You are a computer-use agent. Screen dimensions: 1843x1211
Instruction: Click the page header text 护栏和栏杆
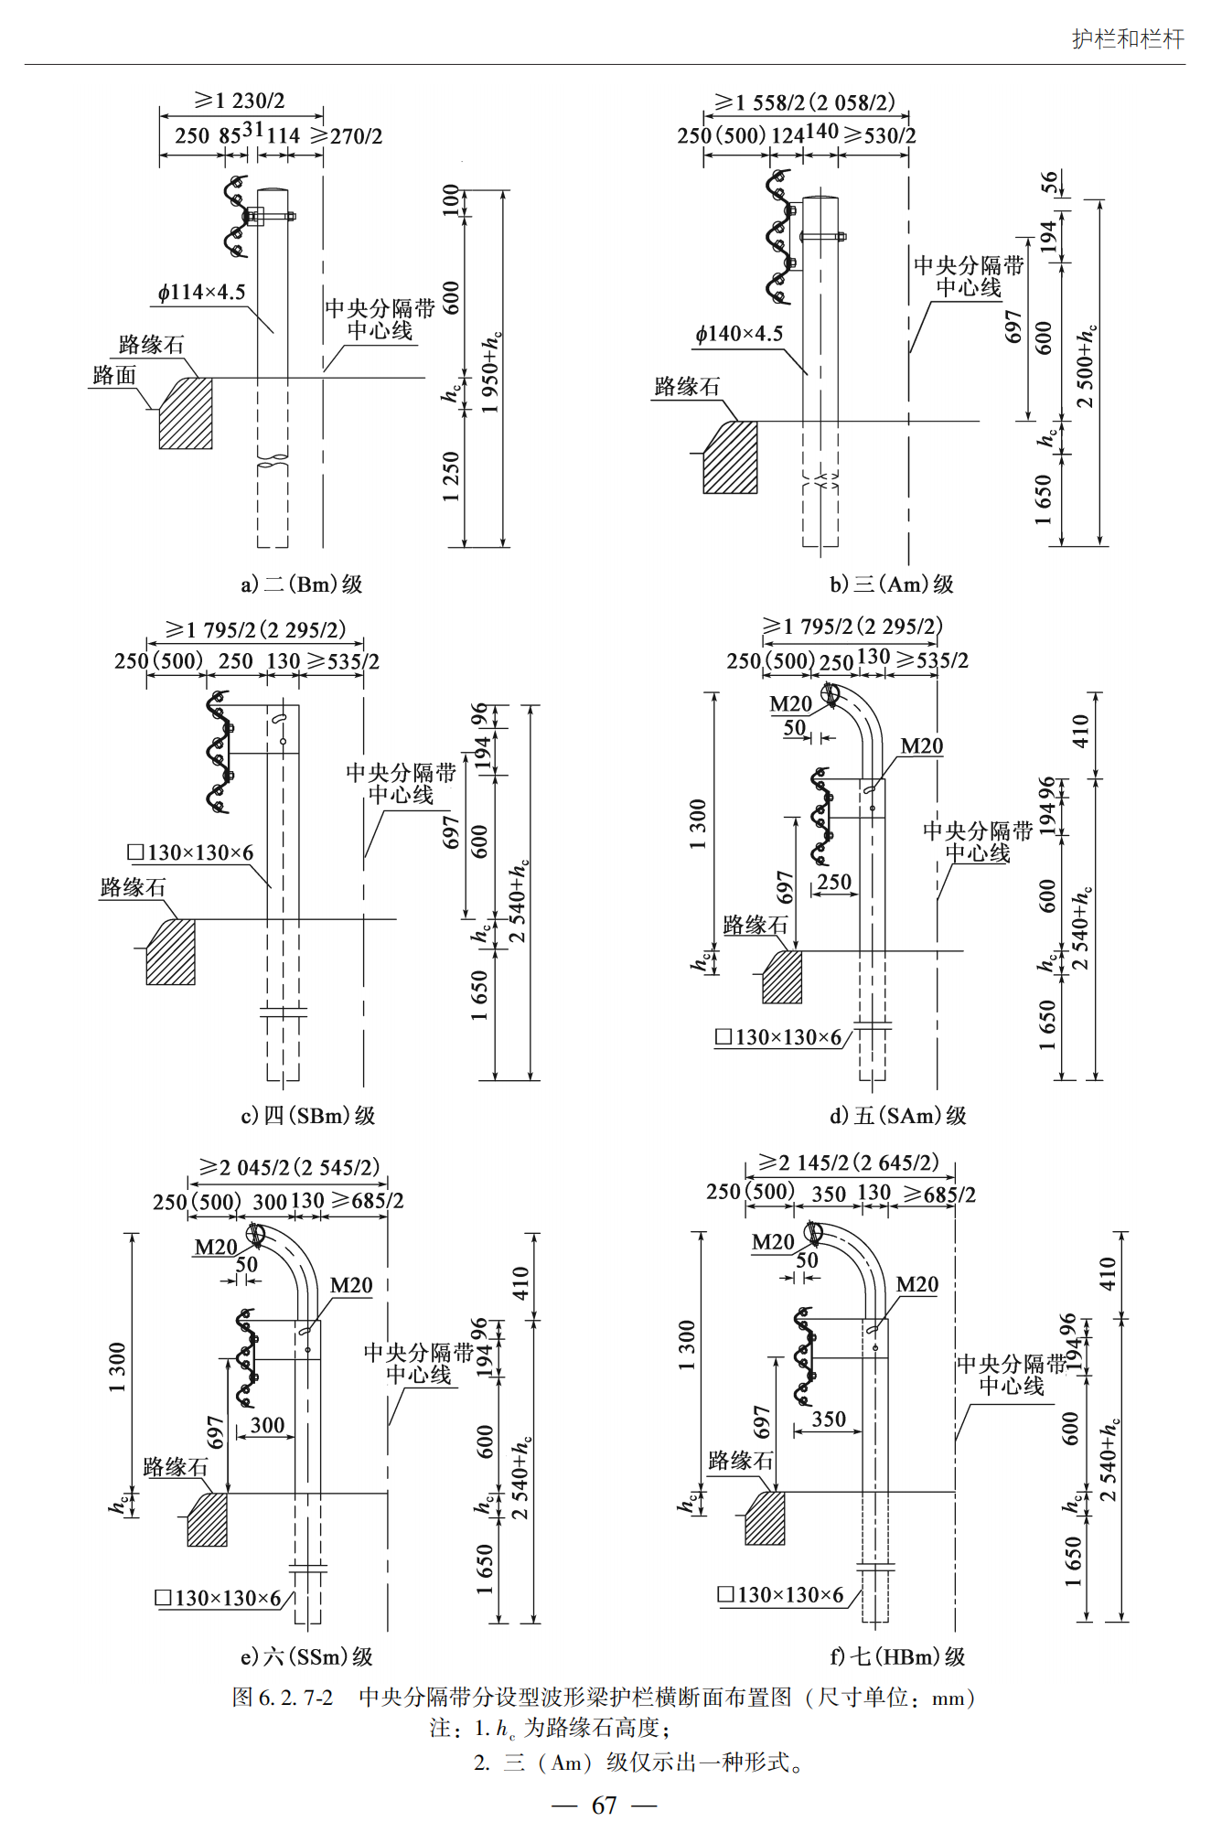(x=1128, y=38)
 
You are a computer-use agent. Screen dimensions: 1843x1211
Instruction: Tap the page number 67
(x=604, y=1805)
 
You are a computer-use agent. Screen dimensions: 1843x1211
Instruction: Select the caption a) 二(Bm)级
(x=302, y=584)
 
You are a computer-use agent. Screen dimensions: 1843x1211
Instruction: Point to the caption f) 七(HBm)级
(x=897, y=1656)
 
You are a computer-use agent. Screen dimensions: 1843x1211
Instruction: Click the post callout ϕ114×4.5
(x=201, y=293)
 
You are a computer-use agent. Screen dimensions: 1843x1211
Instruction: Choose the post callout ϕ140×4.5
(x=739, y=334)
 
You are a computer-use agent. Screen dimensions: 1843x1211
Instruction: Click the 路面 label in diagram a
(x=114, y=376)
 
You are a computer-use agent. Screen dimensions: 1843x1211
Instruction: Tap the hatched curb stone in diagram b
(x=730, y=457)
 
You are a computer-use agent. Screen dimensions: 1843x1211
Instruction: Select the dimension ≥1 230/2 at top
(x=240, y=101)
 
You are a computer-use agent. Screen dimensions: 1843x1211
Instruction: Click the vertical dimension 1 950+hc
(x=491, y=371)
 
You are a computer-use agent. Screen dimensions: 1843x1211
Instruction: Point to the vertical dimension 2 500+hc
(x=1086, y=366)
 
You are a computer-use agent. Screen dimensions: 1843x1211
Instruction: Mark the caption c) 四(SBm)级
(x=308, y=1116)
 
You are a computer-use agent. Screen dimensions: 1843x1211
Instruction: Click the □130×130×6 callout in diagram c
(x=190, y=853)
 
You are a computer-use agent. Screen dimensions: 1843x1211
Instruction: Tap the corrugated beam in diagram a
(x=235, y=217)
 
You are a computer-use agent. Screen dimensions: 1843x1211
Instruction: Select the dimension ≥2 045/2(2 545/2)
(x=289, y=1168)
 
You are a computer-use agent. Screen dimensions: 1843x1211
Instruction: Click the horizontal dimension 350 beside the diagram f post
(x=829, y=1419)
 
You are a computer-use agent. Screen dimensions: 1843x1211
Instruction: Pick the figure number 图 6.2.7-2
(x=283, y=1698)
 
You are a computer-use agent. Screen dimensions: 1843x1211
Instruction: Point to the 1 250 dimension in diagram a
(x=451, y=476)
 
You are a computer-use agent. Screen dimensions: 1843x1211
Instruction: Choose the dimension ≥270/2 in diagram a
(x=347, y=136)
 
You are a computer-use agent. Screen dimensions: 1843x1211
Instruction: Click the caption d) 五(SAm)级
(x=897, y=1116)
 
